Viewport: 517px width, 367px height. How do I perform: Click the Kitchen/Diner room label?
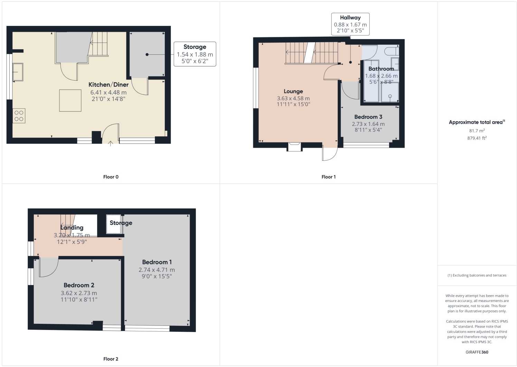point(109,85)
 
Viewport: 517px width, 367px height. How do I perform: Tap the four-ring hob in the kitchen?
point(19,116)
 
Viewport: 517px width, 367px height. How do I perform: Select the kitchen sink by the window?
point(18,72)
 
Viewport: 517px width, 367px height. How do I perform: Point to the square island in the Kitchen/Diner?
point(70,101)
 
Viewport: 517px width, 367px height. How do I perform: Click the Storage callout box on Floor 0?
point(195,54)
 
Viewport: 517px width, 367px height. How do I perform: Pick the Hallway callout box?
point(350,24)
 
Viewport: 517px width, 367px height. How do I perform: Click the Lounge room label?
point(293,91)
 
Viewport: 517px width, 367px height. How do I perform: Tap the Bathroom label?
point(381,69)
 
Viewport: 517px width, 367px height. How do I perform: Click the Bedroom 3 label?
point(368,117)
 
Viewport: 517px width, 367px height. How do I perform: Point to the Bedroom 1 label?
point(157,262)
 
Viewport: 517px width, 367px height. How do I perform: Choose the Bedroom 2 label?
point(79,285)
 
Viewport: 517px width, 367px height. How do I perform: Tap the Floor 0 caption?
point(111,177)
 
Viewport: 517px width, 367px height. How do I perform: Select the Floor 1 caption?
point(328,177)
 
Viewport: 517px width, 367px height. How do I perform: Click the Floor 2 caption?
point(111,359)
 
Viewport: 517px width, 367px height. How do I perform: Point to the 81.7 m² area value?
point(477,130)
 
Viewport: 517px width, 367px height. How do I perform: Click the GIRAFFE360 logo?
point(477,352)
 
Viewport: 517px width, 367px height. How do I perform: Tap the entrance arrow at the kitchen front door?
point(111,144)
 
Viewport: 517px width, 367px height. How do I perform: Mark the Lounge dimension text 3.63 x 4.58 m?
point(293,98)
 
